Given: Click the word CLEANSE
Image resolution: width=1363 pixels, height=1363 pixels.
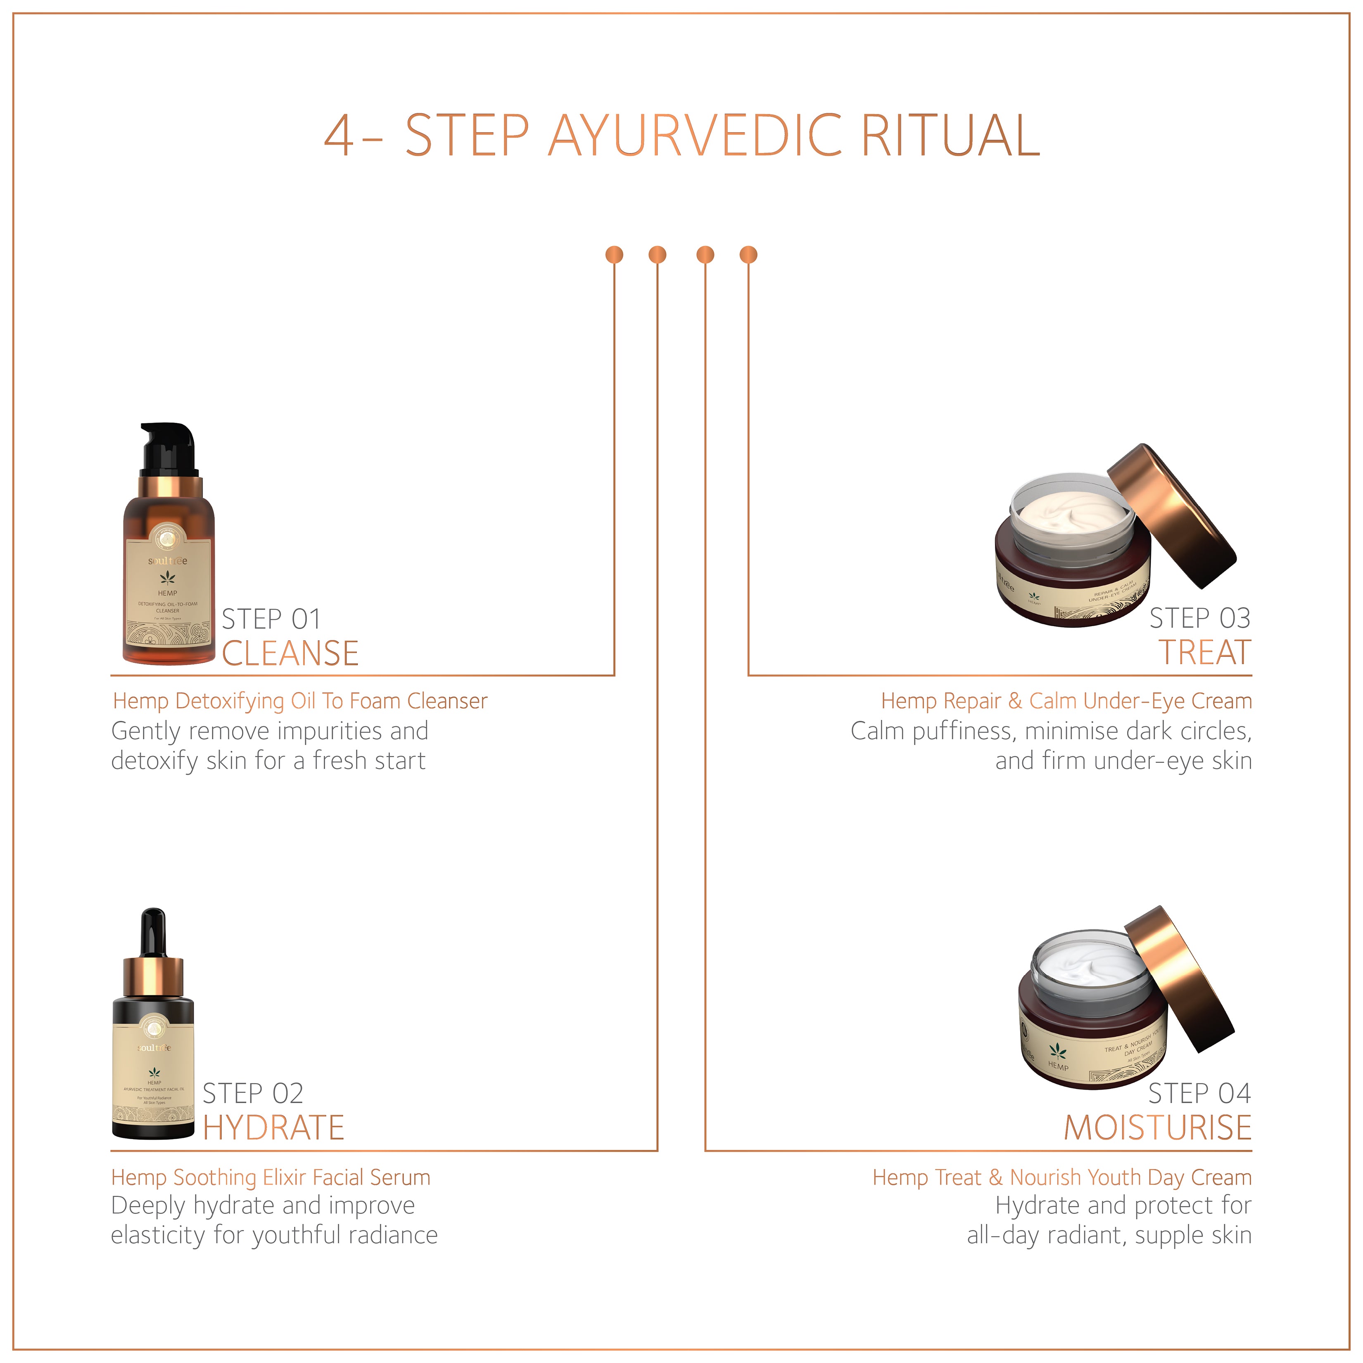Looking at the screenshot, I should (x=290, y=653).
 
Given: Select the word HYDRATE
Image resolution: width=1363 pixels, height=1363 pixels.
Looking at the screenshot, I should (x=273, y=1128).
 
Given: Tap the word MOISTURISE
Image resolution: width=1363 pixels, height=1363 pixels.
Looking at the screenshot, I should (x=1157, y=1128).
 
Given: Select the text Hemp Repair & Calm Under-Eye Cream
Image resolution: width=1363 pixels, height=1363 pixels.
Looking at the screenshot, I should (x=1066, y=701).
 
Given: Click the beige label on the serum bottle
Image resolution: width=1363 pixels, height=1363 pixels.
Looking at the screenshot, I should (x=154, y=1076).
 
